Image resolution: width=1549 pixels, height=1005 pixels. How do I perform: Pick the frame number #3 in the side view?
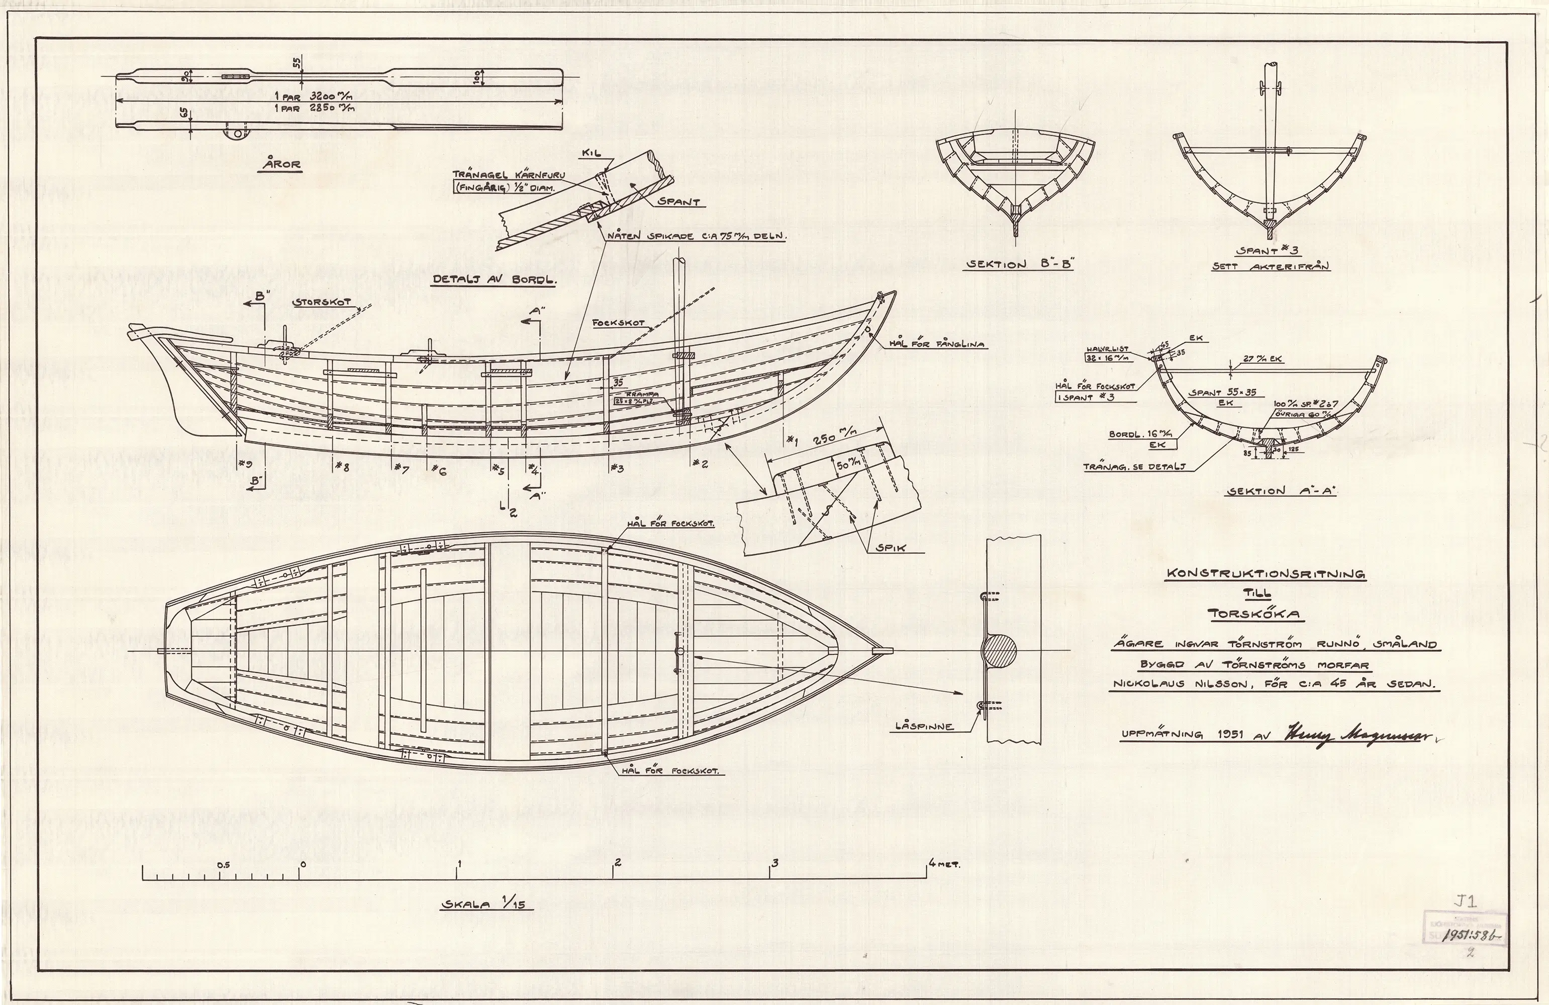coord(617,467)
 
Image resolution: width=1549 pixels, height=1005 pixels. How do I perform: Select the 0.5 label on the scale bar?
coord(224,865)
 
